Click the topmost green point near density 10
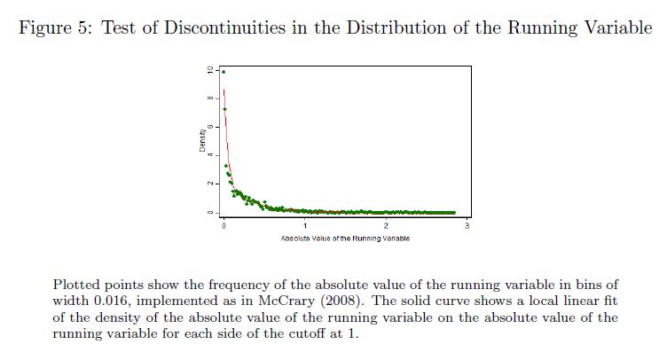coord(224,72)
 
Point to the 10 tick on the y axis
coord(210,69)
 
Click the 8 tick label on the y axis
coord(210,98)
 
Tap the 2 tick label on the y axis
coord(210,184)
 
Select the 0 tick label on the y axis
coord(210,213)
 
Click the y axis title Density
coord(202,141)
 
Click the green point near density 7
coord(224,109)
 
